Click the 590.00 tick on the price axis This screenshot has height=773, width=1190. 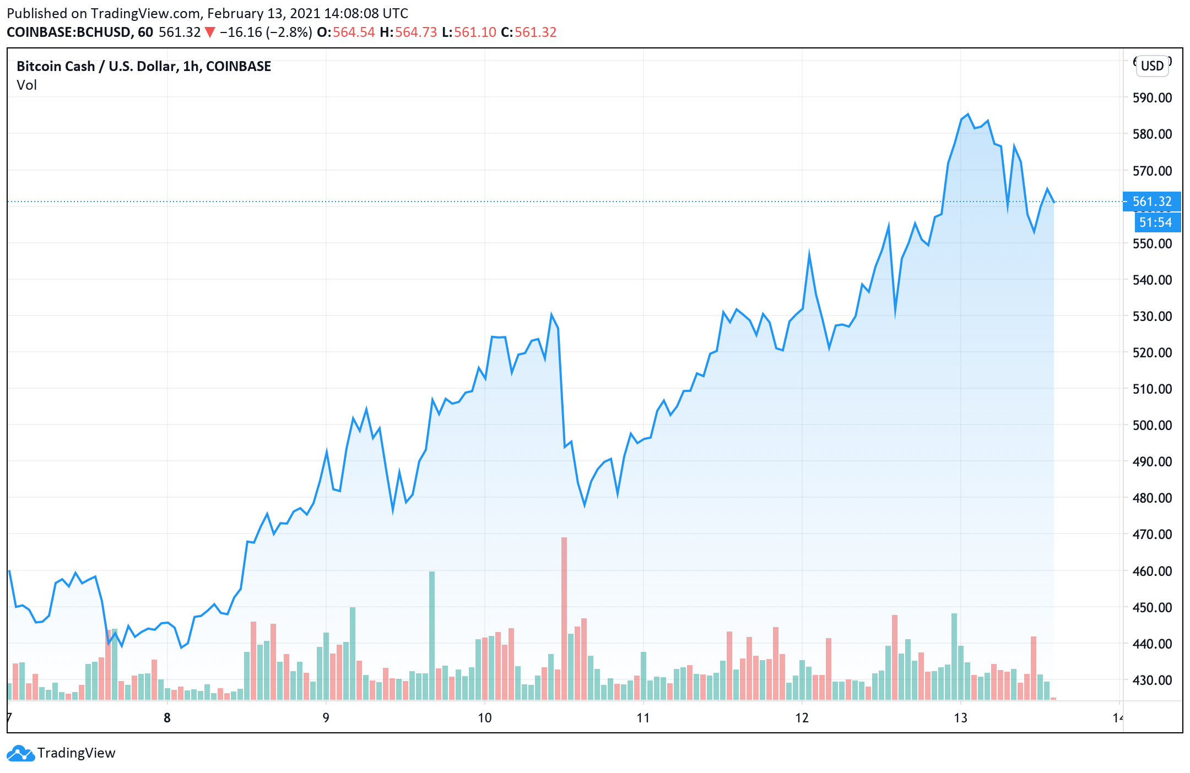tap(1152, 98)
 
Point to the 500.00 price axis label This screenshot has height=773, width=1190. tap(1152, 425)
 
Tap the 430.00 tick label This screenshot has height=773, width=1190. tap(1152, 680)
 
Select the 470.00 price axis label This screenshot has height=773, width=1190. tap(1152, 534)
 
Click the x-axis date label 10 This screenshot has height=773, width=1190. tap(484, 718)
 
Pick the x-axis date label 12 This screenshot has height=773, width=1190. tap(802, 718)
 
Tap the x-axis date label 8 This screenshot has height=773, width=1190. tap(167, 718)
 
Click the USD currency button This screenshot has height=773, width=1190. tap(1152, 66)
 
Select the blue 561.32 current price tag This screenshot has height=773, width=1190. tap(1152, 202)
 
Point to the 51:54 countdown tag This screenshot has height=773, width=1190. tap(1155, 222)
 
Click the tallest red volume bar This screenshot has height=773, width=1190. tap(564, 617)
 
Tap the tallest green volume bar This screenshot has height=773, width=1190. tap(432, 633)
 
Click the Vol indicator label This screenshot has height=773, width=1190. tap(26, 85)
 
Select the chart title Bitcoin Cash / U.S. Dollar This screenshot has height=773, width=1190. tap(143, 67)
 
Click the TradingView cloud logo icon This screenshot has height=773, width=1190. tap(20, 753)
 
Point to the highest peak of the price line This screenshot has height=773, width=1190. tap(967, 115)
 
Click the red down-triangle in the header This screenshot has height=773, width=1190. tap(210, 32)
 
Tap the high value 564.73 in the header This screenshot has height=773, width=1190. tap(415, 32)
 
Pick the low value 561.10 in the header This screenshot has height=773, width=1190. tap(475, 32)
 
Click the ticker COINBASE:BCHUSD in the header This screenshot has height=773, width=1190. tap(69, 32)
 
